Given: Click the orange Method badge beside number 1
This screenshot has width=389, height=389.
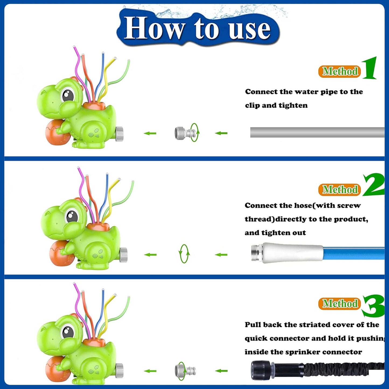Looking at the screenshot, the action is coord(339,72).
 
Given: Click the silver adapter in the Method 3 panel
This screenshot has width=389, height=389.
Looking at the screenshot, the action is coord(185,371).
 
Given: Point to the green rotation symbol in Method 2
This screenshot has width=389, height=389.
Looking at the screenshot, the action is coord(184,254).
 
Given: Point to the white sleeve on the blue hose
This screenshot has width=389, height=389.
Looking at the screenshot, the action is coord(293,253).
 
